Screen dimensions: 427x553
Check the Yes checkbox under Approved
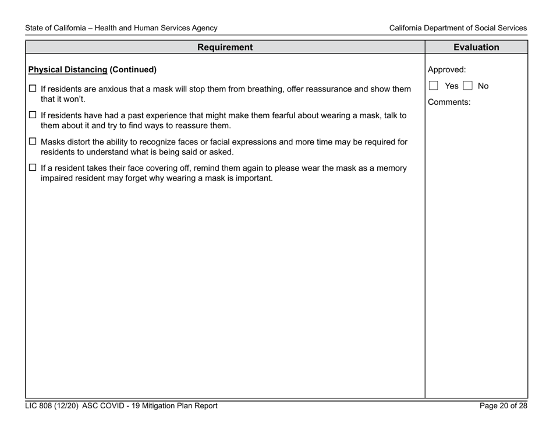click(434, 86)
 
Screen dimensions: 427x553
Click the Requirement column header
click(225, 47)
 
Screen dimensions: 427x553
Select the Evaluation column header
click(476, 47)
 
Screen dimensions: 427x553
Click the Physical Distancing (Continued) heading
click(93, 70)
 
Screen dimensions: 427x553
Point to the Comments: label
click(449, 102)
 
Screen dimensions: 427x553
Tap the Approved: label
click(446, 70)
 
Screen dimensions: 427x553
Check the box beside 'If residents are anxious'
click(33, 89)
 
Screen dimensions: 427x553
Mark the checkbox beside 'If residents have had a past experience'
click(33, 115)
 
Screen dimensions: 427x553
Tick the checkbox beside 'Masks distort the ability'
click(33, 142)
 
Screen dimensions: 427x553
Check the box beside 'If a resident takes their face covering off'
click(33, 168)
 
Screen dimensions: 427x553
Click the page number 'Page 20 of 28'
click(503, 406)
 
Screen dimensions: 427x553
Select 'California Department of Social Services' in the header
click(458, 28)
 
